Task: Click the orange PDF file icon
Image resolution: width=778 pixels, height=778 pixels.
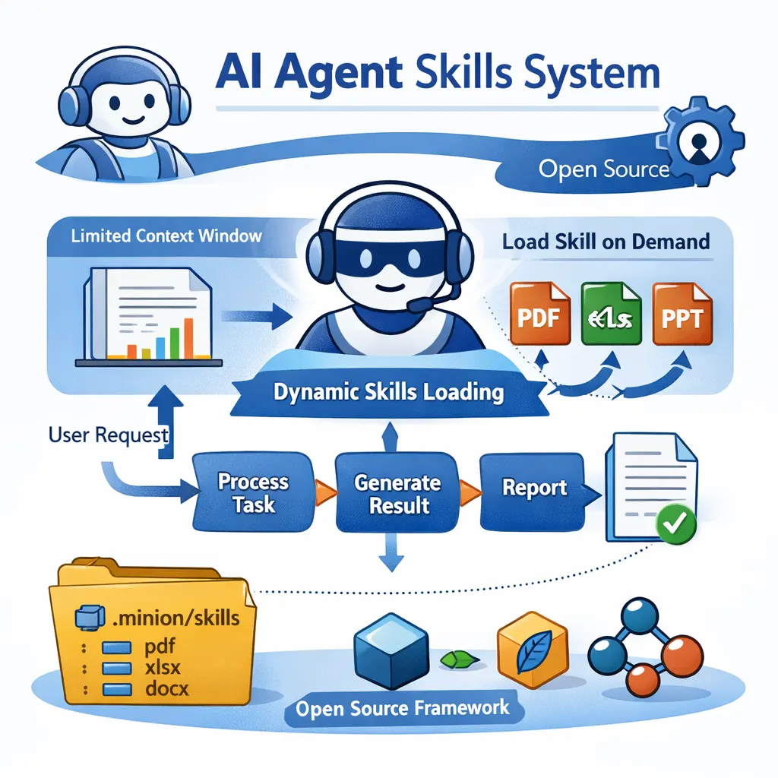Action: point(539,313)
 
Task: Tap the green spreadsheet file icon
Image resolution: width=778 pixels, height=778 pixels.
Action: point(610,313)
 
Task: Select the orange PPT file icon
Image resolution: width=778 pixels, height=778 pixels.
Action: point(682,313)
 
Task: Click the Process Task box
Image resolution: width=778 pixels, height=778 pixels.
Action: point(252,492)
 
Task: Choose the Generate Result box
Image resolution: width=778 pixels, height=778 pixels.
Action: point(397,493)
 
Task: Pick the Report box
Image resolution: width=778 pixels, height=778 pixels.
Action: point(534,488)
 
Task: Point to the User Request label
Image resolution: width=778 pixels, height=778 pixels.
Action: point(108,436)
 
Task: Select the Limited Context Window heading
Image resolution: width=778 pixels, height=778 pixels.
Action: point(166,235)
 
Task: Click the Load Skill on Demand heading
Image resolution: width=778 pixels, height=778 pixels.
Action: point(606,242)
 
